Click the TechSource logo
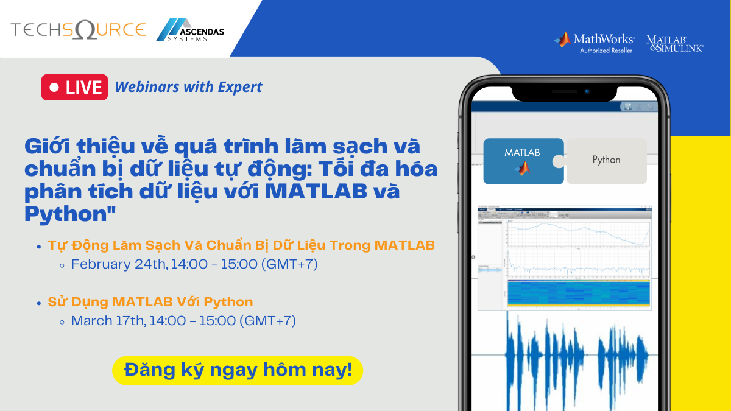[78, 30]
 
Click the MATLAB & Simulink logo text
[674, 43]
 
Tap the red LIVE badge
[74, 87]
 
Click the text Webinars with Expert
[188, 87]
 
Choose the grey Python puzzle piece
[606, 160]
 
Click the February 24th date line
[194, 264]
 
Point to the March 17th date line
[183, 320]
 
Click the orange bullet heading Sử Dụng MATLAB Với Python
[150, 301]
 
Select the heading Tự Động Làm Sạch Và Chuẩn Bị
[241, 245]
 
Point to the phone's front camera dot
[587, 91]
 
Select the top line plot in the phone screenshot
[577, 234]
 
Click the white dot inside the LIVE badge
[54, 88]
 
